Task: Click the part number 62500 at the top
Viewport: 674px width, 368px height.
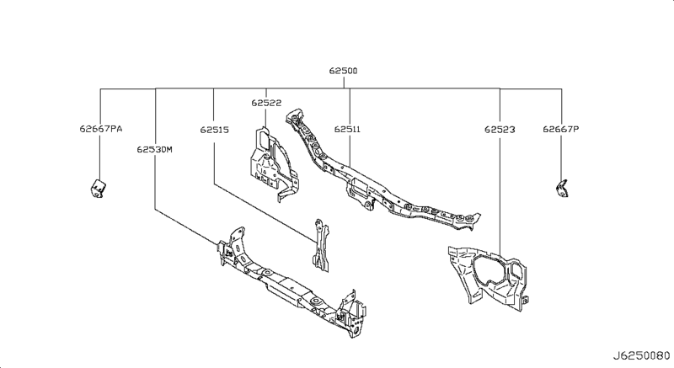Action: (x=343, y=72)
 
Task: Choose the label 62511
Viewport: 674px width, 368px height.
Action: (x=347, y=130)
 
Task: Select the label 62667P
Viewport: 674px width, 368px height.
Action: (x=560, y=130)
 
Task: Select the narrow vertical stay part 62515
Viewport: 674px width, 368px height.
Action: (x=319, y=244)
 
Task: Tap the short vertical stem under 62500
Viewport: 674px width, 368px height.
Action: (x=343, y=83)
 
